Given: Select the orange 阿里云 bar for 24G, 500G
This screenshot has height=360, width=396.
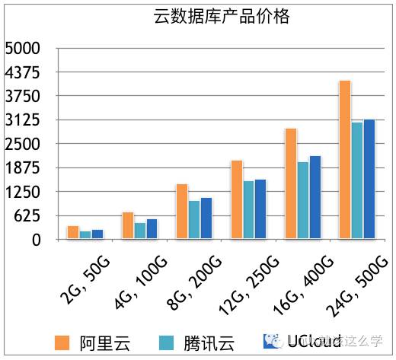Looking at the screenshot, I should [345, 160].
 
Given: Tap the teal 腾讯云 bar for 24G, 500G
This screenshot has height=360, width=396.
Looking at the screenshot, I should [357, 180].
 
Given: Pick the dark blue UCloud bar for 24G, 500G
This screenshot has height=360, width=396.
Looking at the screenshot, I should [369, 180].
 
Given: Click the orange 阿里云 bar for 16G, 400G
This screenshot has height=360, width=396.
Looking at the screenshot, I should [291, 183].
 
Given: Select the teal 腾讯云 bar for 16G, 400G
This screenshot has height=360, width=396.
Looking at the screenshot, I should [303, 200].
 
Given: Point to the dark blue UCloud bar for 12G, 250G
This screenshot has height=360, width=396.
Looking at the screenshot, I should [260, 209].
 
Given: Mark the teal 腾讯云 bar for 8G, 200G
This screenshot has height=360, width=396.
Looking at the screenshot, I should [194, 220].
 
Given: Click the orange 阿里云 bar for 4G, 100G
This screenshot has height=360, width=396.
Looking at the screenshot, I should [128, 225].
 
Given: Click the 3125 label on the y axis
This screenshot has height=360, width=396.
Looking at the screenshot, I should [22, 121].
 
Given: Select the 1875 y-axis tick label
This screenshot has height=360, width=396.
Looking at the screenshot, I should [22, 168].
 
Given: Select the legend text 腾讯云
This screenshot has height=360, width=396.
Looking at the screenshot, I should [205, 341].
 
